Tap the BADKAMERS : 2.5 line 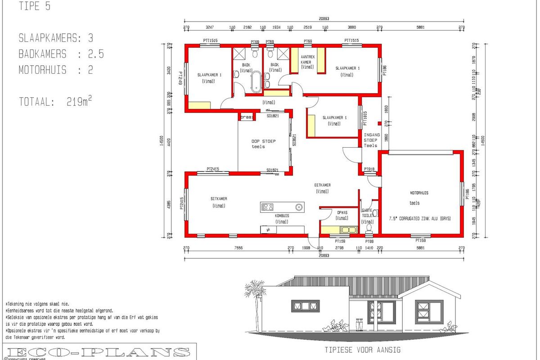click(61, 54)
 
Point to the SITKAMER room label click(219, 198)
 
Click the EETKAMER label click(322, 185)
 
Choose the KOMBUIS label click(282, 216)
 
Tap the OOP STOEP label click(263, 141)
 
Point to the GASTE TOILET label click(368, 213)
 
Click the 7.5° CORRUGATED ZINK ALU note click(419, 218)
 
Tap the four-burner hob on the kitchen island click(268, 207)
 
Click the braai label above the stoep click(247, 117)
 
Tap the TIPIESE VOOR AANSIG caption click(362, 350)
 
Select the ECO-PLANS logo click(99, 352)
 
